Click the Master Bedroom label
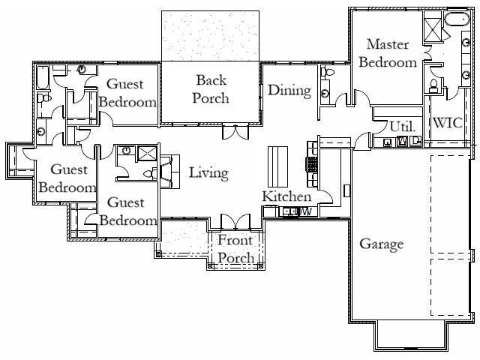click(387, 53)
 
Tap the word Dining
click(289, 91)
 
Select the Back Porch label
click(211, 88)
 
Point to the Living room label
click(208, 173)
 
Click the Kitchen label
click(286, 196)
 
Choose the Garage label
click(382, 244)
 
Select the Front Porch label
click(236, 248)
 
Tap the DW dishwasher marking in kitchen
click(303, 212)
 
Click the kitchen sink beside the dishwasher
click(288, 212)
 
